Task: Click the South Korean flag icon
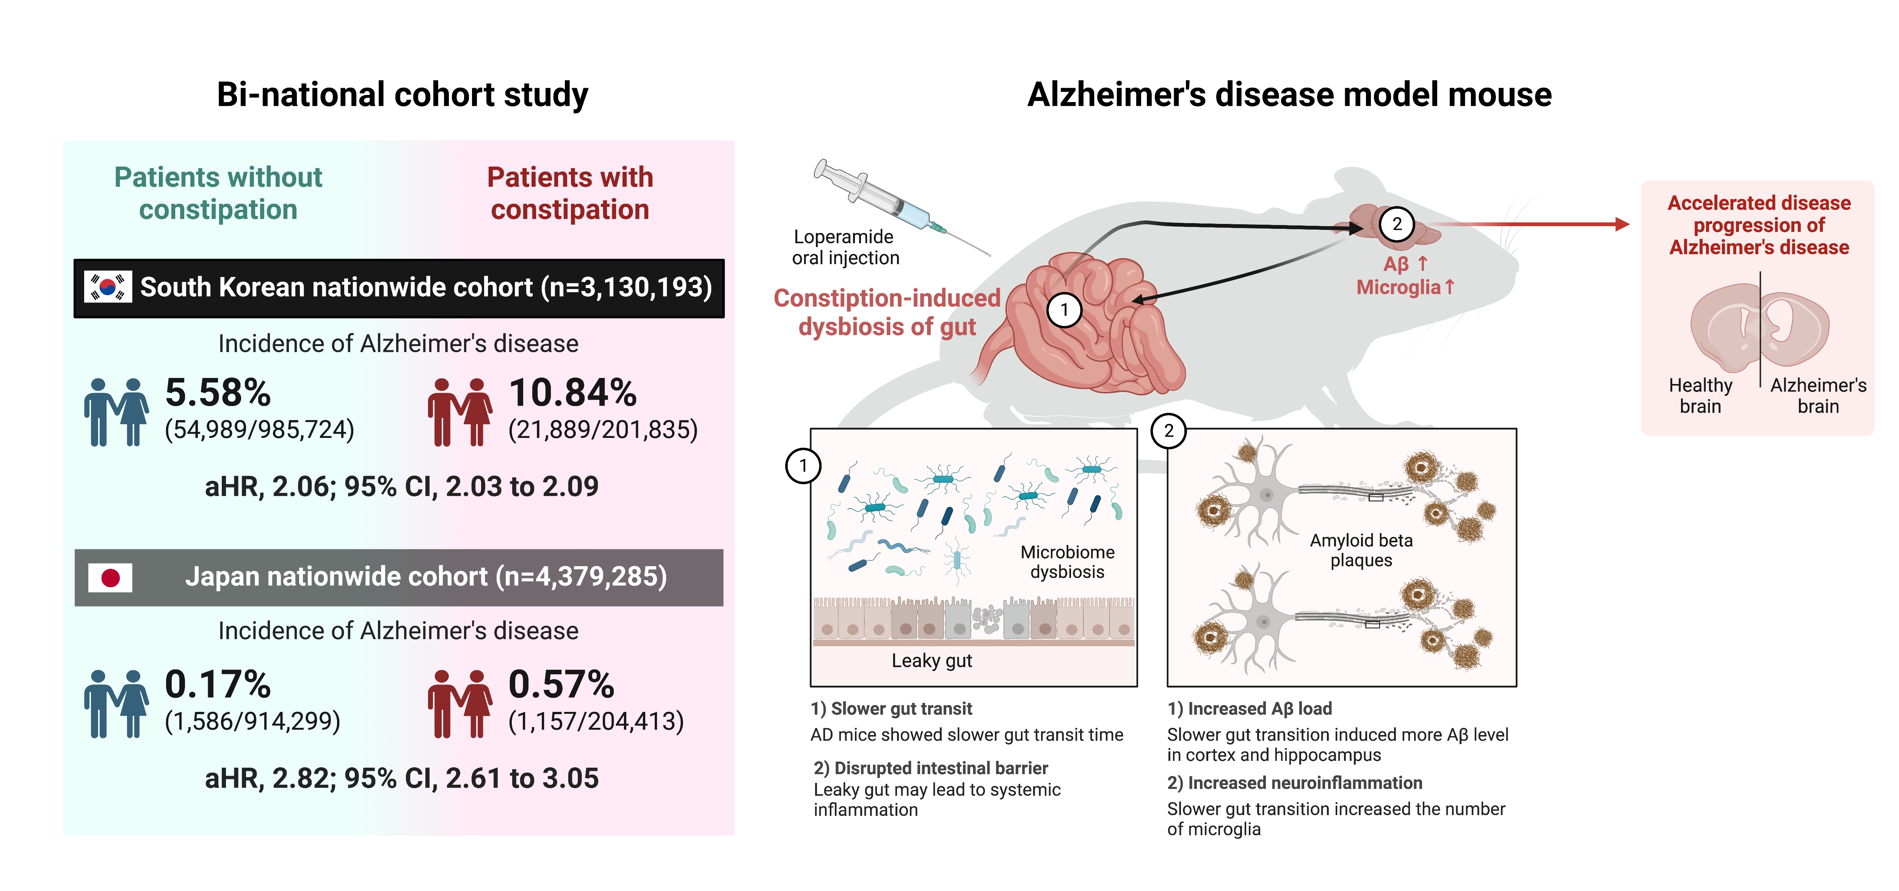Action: pos(108,287)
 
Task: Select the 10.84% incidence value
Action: pos(572,392)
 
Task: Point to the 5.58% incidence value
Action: pos(218,392)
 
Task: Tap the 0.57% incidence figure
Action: pos(561,685)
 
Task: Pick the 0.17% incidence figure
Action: pos(218,685)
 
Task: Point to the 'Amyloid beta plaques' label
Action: pos(1361,550)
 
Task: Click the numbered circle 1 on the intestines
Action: pos(1064,310)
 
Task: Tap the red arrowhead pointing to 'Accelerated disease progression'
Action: pos(1622,224)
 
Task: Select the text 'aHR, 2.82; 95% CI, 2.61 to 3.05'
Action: pos(402,778)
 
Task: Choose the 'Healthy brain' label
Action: pos(1700,396)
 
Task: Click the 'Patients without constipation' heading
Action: pos(218,193)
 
